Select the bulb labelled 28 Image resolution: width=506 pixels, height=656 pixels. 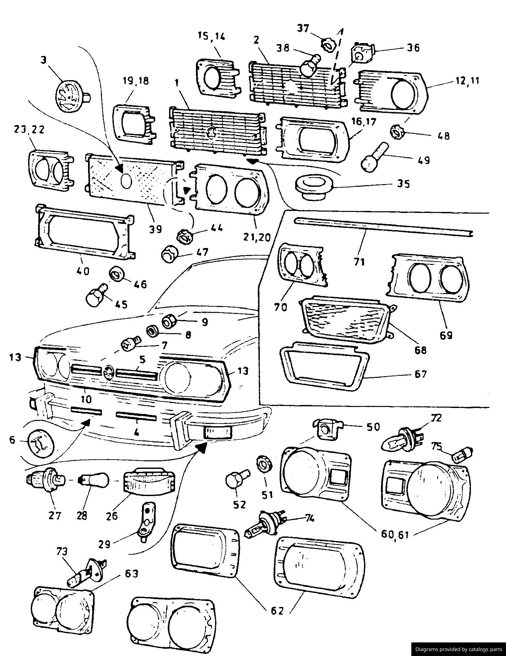(x=94, y=480)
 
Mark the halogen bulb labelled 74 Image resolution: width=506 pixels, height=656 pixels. (x=266, y=527)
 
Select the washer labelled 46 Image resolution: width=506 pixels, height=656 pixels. (x=116, y=275)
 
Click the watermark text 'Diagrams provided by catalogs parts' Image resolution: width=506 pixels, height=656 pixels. (x=458, y=649)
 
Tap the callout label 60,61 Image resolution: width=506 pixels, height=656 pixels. (x=395, y=533)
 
